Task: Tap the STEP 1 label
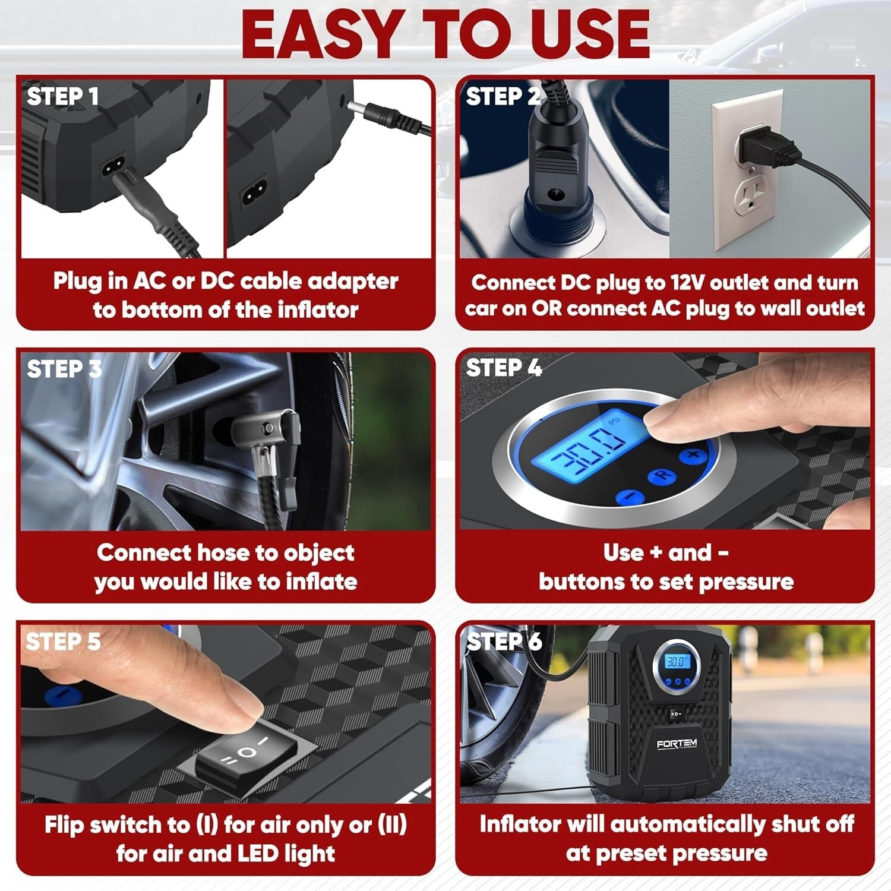pyautogui.click(x=62, y=96)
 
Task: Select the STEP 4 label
pyautogui.click(x=504, y=368)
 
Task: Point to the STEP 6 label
pyautogui.click(x=504, y=642)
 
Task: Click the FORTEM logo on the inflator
pyautogui.click(x=677, y=744)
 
